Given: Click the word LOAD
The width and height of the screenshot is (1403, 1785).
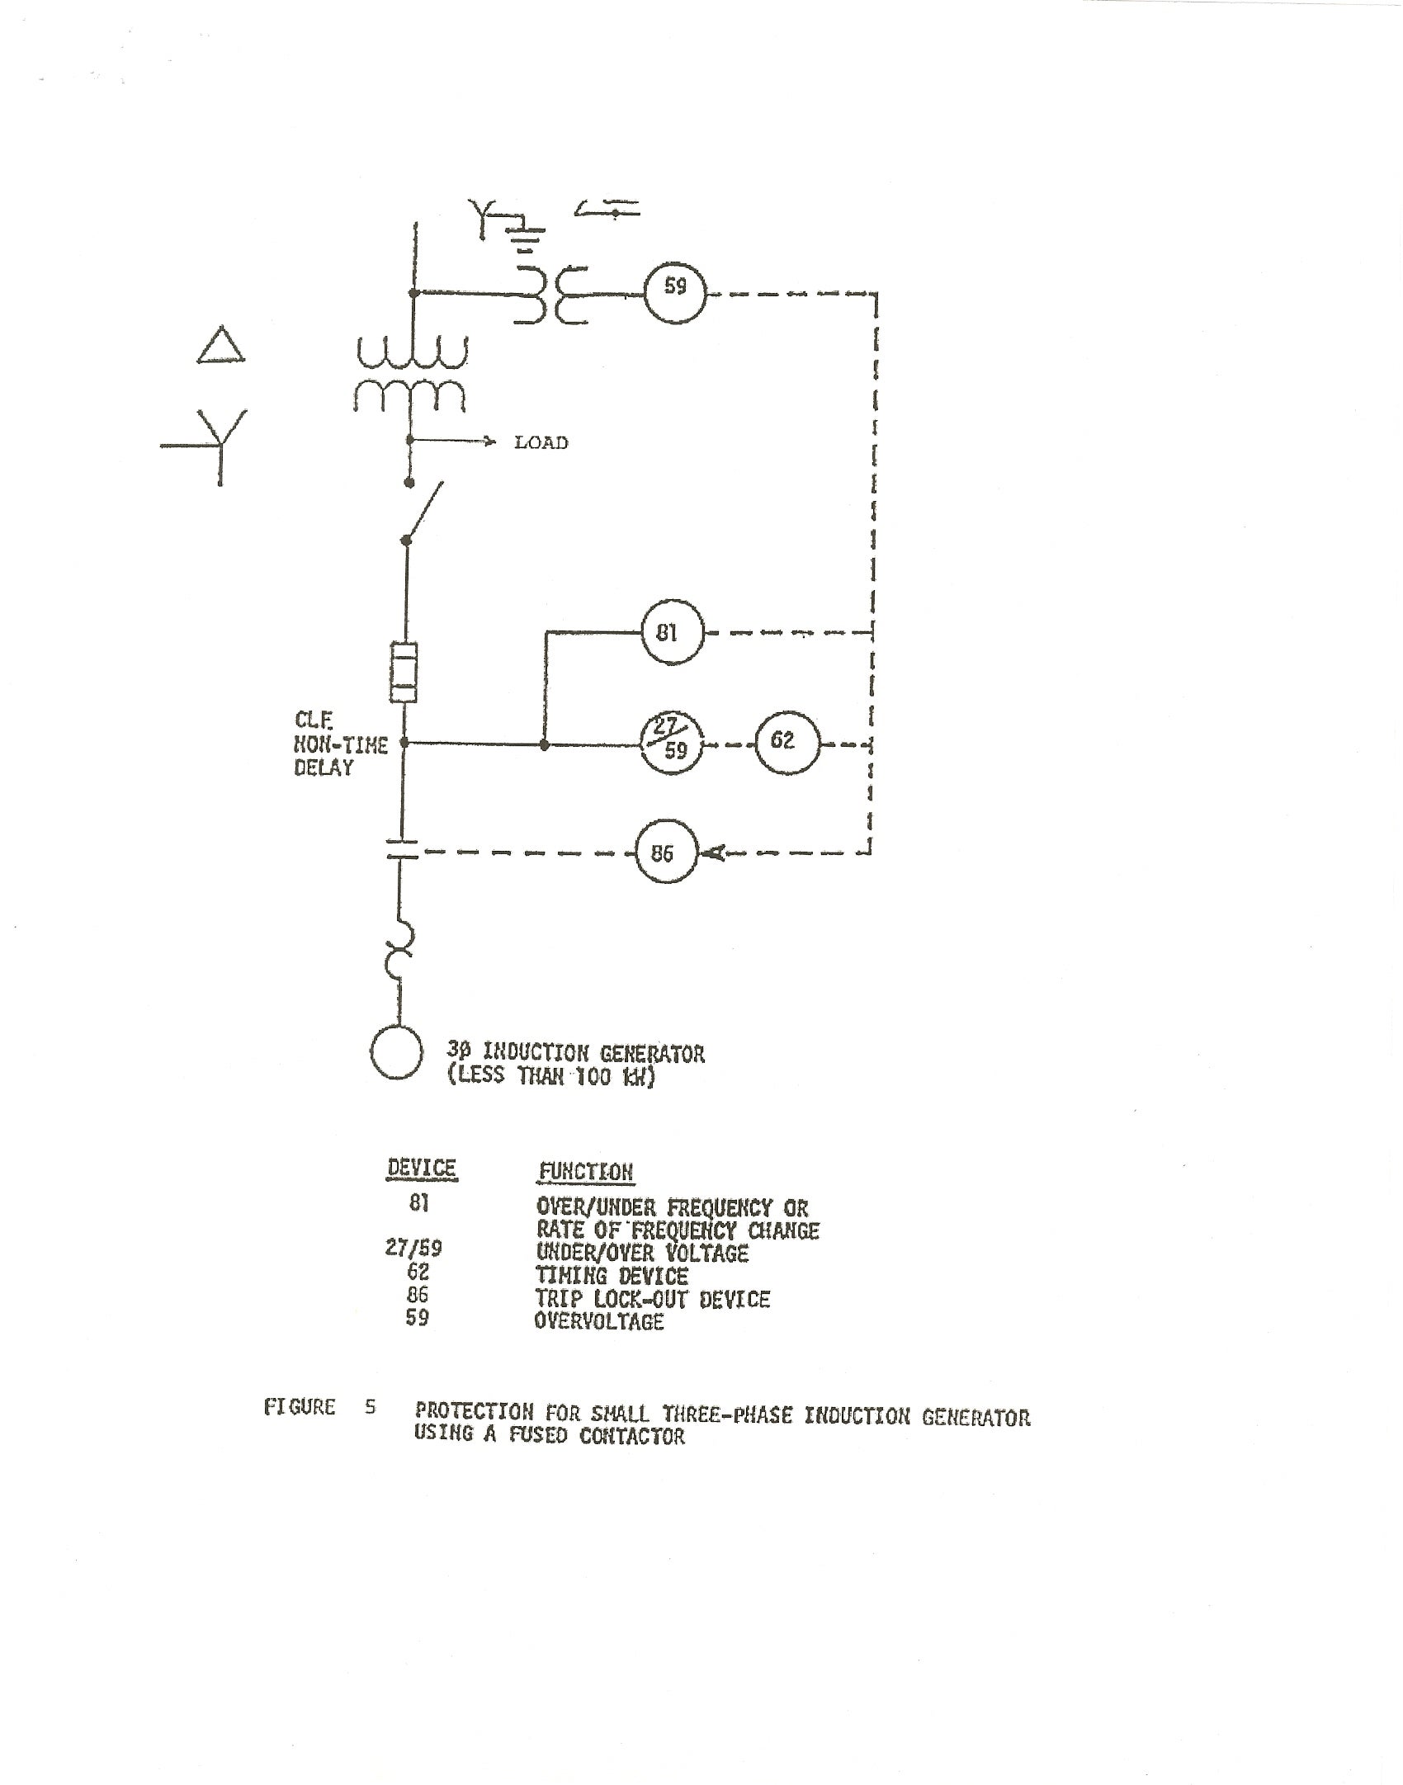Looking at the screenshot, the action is [x=541, y=443].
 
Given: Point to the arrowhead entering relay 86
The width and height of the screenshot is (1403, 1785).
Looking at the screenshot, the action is [x=713, y=853].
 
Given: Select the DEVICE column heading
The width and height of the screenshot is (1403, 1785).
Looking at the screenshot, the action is [x=422, y=1169].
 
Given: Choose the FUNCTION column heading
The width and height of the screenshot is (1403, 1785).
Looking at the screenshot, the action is [x=586, y=1172].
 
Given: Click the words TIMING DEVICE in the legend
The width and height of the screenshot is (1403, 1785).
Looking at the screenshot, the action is [x=612, y=1276].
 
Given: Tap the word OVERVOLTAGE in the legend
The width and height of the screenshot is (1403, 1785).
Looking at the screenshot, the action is [x=600, y=1321].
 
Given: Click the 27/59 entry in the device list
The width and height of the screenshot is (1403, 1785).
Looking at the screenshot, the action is [x=413, y=1248].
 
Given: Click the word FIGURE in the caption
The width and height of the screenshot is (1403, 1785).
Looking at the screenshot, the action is [x=300, y=1407].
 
